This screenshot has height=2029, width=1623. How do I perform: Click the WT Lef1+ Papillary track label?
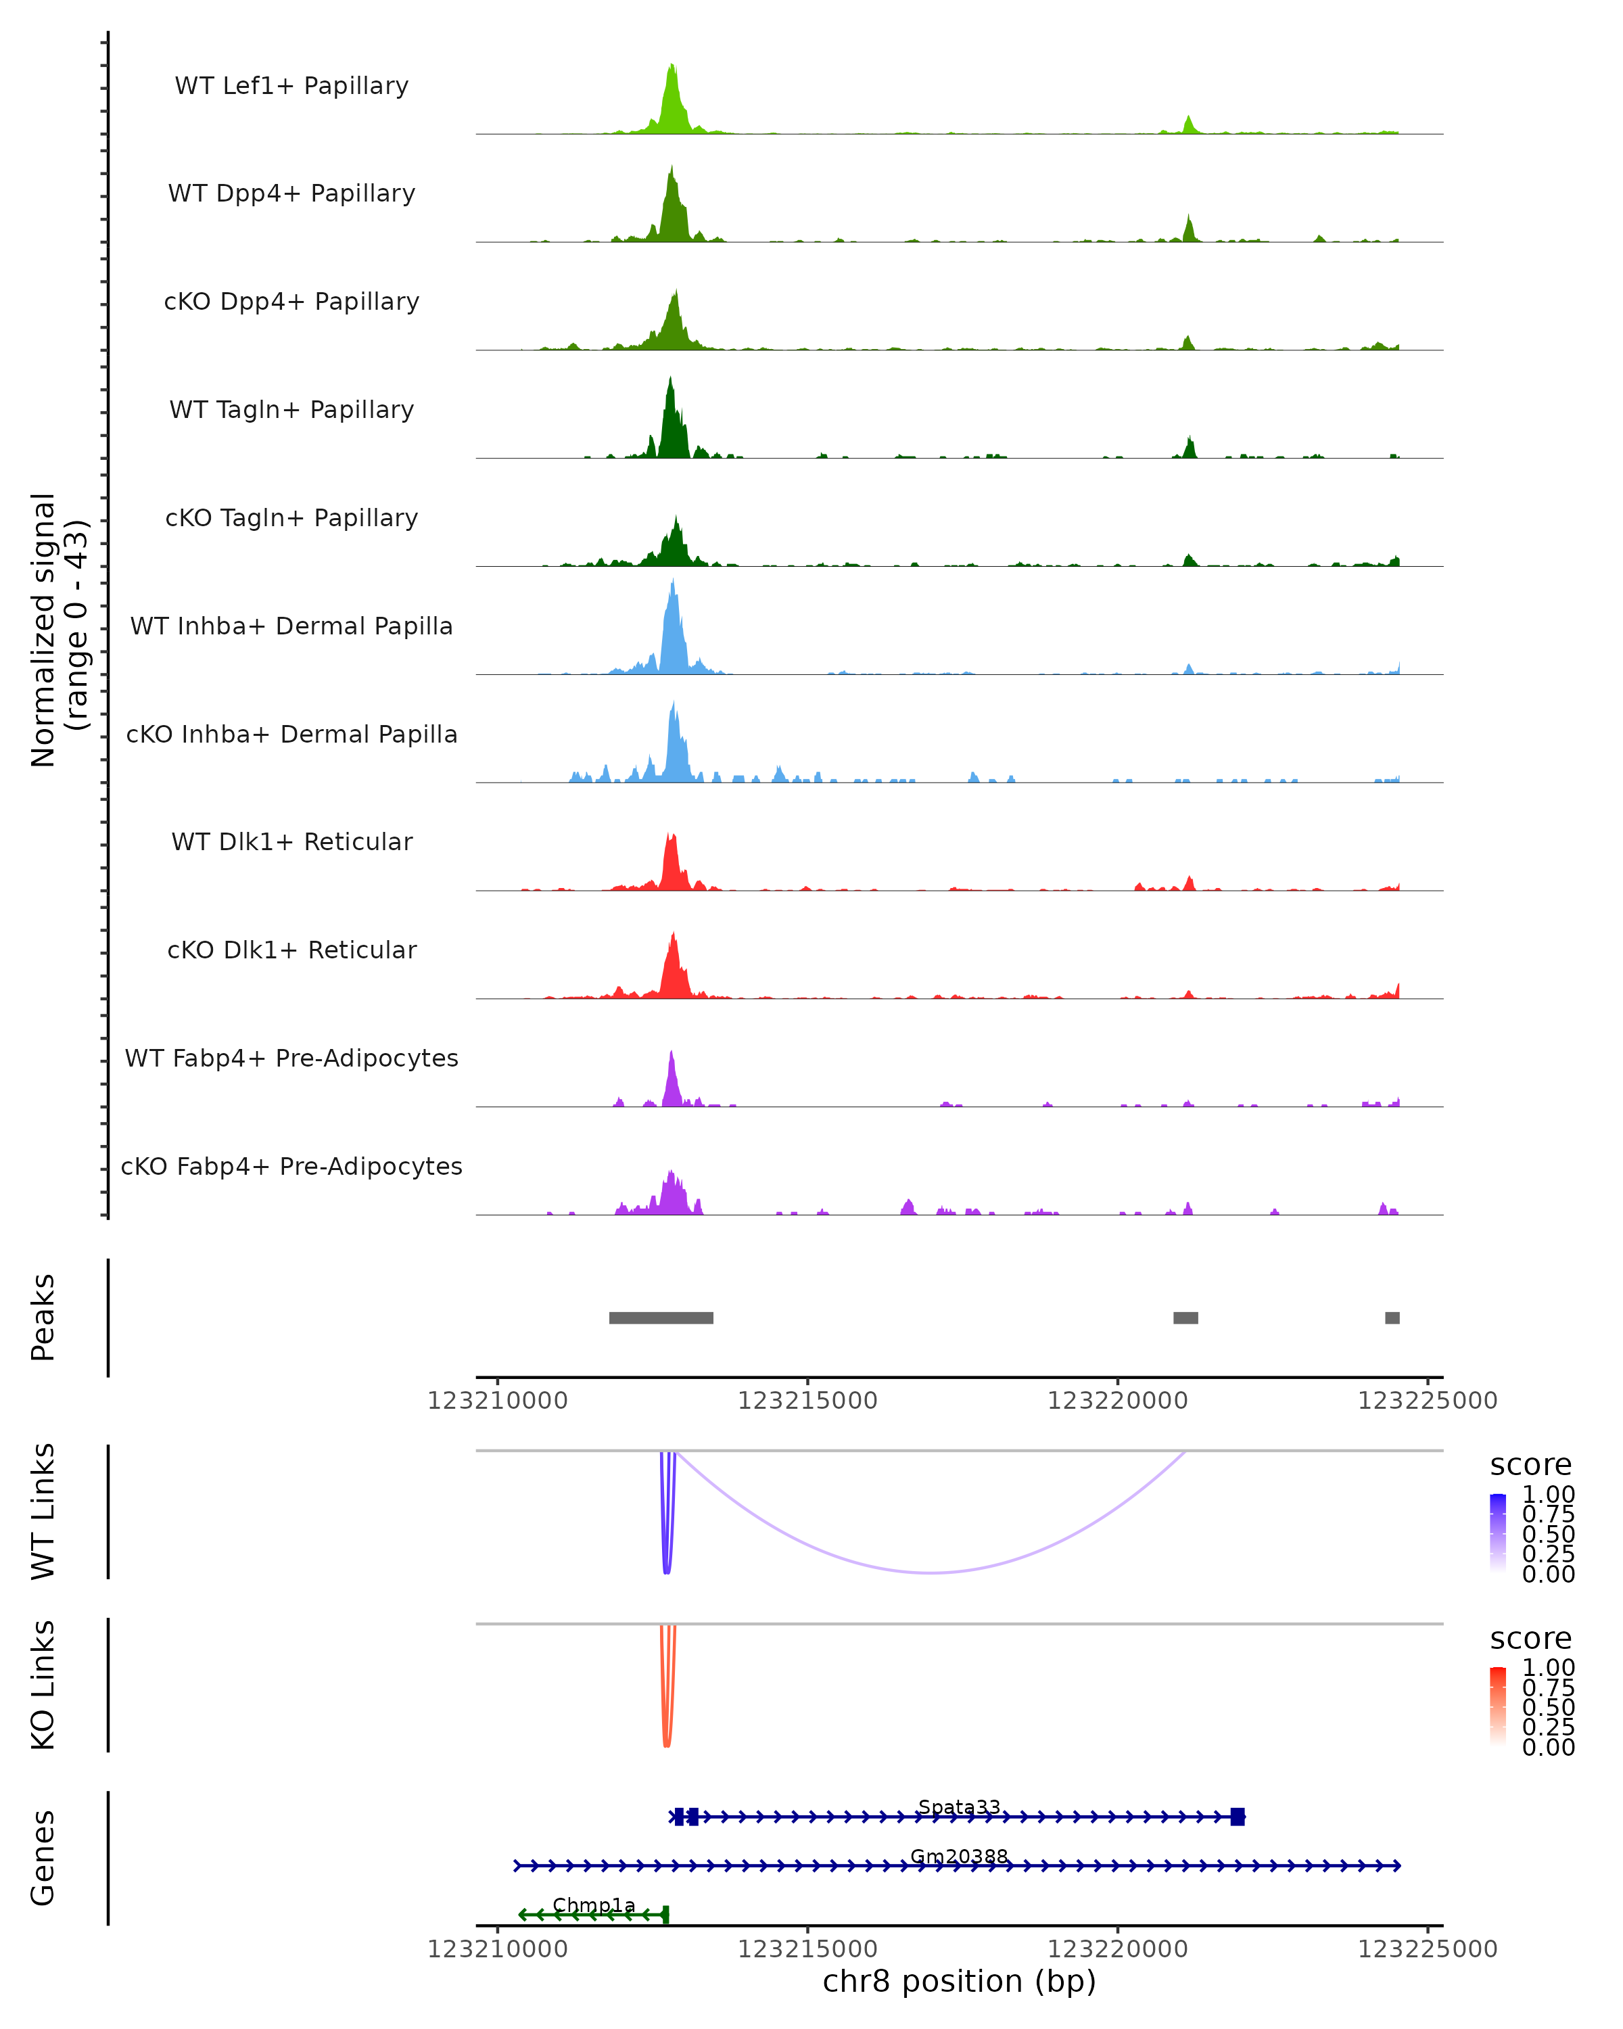[291, 86]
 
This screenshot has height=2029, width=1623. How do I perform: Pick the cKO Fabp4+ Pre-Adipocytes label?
[291, 1166]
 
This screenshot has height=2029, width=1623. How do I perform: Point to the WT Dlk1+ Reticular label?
[291, 841]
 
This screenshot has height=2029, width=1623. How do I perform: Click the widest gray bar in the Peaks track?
[661, 1317]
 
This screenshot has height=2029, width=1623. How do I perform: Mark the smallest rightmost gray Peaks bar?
[1392, 1317]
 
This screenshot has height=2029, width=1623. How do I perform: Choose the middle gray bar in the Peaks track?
[1185, 1317]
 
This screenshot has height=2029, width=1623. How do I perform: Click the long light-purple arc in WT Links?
[931, 1572]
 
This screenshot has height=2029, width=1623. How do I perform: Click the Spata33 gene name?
[959, 1807]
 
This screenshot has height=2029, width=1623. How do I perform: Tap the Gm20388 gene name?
[959, 1857]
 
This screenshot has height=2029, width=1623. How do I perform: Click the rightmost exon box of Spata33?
[1238, 1817]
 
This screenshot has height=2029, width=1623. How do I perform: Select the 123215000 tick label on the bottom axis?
[807, 1949]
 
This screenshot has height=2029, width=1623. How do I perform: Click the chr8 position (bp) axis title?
[959, 1982]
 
